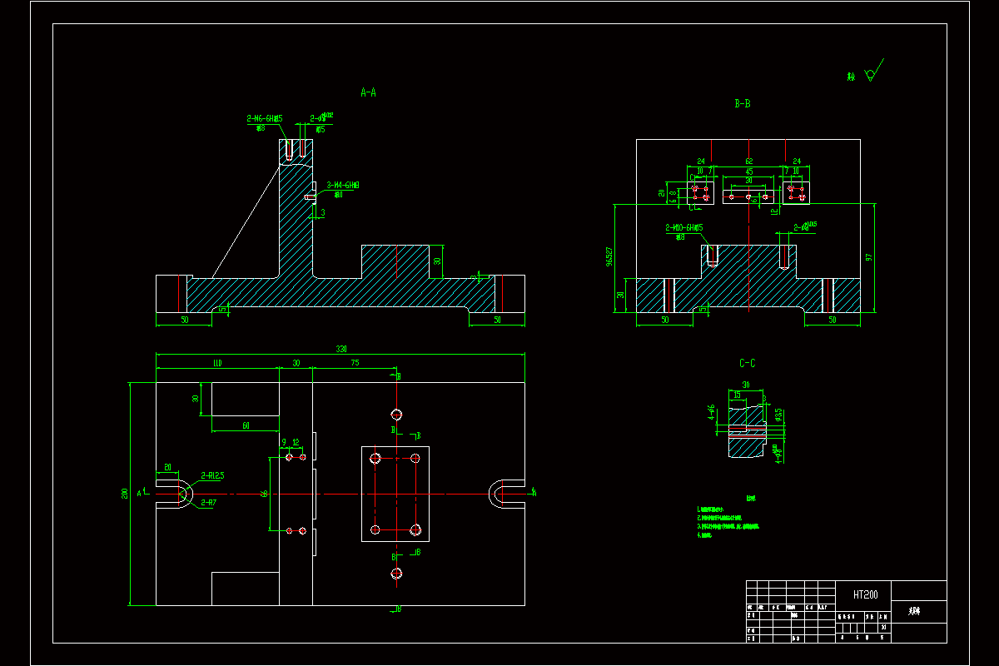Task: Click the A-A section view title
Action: (x=368, y=93)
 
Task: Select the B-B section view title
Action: (x=743, y=104)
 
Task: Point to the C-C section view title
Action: (x=748, y=364)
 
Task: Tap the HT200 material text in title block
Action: (x=865, y=594)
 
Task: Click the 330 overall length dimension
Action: (x=340, y=350)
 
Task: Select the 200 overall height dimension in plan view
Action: (x=125, y=494)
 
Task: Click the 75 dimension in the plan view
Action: (x=355, y=363)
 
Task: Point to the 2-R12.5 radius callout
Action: (x=212, y=475)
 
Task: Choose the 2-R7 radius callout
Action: (x=208, y=503)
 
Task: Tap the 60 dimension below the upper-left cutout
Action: (x=246, y=426)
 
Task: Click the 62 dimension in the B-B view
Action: (x=748, y=162)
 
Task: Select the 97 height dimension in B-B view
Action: (x=870, y=257)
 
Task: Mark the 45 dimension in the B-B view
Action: (x=748, y=171)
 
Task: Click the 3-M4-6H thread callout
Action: (x=342, y=185)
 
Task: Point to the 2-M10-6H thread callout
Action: (x=683, y=227)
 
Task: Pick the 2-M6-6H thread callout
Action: (x=265, y=119)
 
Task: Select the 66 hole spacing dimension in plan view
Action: (x=265, y=494)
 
